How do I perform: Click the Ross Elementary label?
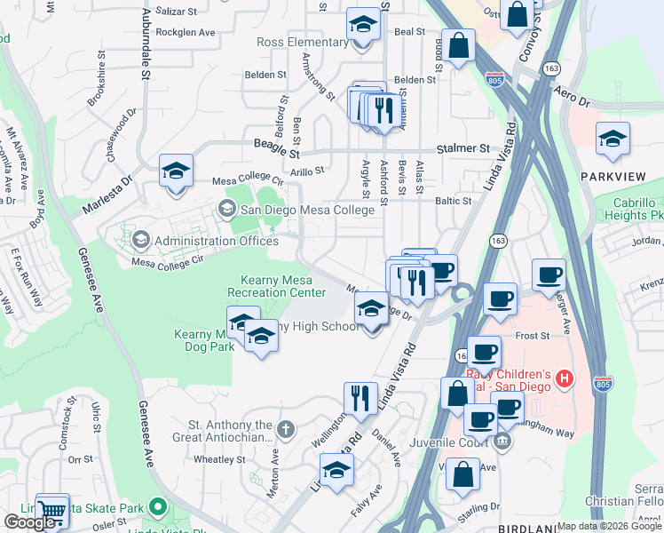click(x=302, y=42)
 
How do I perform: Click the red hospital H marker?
click(x=563, y=380)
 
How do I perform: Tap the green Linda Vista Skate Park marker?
click(x=158, y=508)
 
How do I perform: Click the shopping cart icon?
click(x=52, y=510)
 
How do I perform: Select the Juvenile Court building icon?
click(x=502, y=440)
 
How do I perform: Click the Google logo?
click(x=31, y=522)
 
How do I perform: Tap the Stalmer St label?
click(x=462, y=149)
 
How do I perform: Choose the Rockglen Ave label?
click(x=186, y=32)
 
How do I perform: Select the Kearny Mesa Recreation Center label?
click(x=276, y=286)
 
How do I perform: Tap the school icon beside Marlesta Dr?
click(x=176, y=171)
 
